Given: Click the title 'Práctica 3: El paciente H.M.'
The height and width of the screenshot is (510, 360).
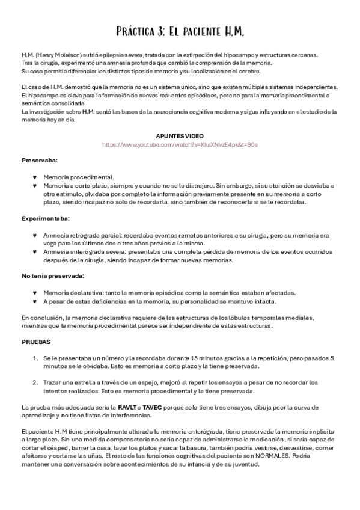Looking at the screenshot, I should (x=180, y=31).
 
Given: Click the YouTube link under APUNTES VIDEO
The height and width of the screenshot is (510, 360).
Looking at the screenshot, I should (x=180, y=145).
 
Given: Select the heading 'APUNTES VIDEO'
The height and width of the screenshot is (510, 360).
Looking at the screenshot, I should (x=180, y=137).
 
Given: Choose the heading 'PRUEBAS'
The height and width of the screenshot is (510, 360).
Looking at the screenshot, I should (x=36, y=342).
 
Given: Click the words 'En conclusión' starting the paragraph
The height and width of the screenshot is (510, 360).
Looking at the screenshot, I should (x=41, y=317).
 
